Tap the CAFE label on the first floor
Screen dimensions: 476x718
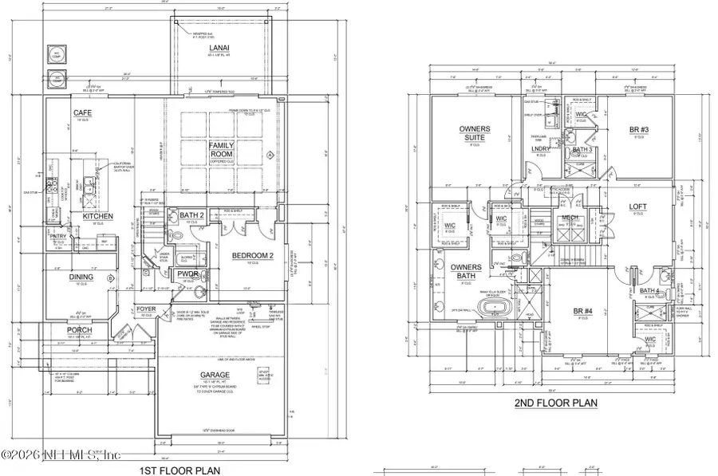pos(83,113)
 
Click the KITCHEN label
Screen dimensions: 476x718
pos(97,216)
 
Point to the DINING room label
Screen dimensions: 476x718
pos(82,277)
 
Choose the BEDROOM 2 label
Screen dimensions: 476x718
pos(254,255)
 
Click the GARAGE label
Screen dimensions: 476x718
pos(215,374)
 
